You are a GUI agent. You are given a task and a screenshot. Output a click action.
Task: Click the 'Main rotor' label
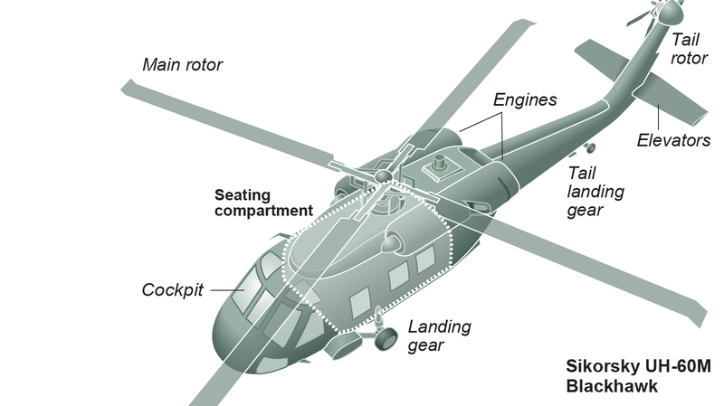tap(182, 65)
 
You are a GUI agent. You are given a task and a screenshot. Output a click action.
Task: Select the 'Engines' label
tap(525, 99)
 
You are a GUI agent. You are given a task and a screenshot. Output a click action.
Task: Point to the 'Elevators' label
tap(673, 140)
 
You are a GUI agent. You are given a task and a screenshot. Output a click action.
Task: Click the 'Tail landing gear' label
tap(595, 191)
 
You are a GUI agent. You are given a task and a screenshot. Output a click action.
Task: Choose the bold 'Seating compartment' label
tap(263, 203)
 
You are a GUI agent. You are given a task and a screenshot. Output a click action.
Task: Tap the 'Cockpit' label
tap(172, 290)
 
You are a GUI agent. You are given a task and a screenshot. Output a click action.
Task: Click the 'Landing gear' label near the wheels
tap(438, 336)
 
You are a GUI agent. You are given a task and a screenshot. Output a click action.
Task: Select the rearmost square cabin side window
tap(425, 260)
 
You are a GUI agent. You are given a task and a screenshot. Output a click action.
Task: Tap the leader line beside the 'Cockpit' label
tap(223, 289)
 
